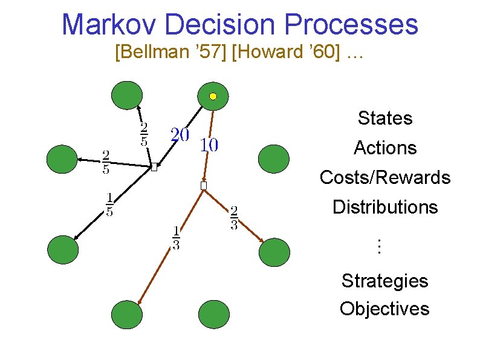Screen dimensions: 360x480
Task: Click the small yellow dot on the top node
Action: click(x=213, y=96)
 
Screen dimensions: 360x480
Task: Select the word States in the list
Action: click(x=384, y=118)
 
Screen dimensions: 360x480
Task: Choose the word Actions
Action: click(x=385, y=148)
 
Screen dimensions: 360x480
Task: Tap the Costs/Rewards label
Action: click(x=385, y=177)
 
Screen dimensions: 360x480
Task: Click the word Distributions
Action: click(x=385, y=207)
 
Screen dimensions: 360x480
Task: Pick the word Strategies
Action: click(x=384, y=281)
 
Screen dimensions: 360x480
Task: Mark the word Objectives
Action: click(x=384, y=309)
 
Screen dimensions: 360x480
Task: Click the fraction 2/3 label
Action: click(x=234, y=218)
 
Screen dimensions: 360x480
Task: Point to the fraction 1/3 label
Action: click(x=176, y=238)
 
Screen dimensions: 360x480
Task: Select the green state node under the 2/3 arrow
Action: click(x=274, y=252)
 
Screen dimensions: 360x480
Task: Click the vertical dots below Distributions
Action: click(x=379, y=246)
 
